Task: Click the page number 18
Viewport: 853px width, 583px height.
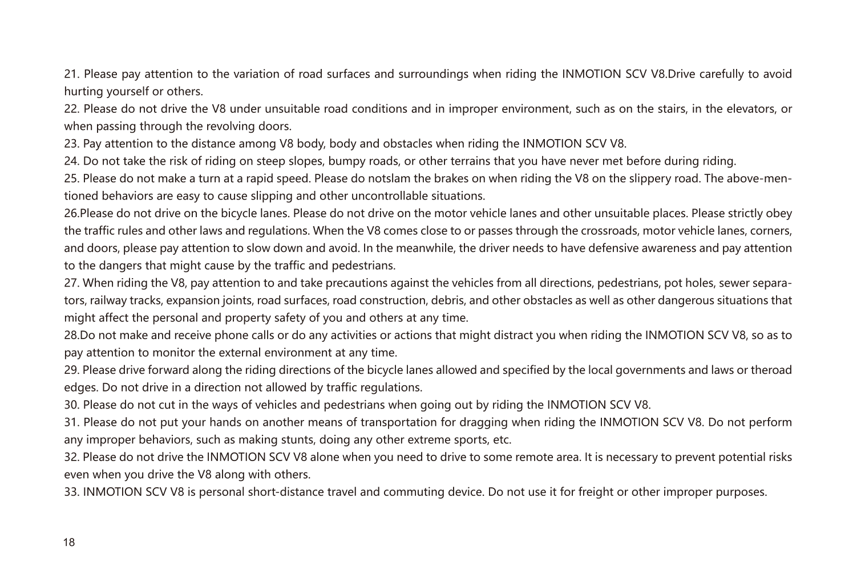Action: [x=68, y=542]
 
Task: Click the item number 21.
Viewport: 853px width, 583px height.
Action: [x=71, y=74]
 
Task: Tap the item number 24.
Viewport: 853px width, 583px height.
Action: [x=71, y=161]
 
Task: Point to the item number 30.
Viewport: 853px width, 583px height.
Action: [x=71, y=405]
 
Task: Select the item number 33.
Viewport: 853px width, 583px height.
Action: [x=71, y=492]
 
